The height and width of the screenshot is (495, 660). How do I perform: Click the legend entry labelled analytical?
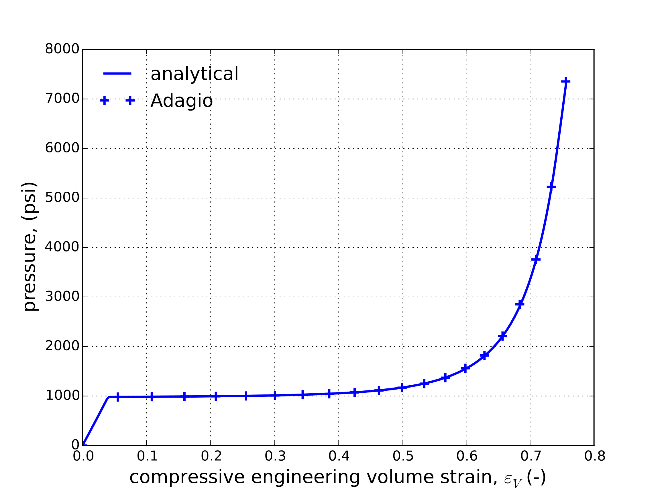pos(194,74)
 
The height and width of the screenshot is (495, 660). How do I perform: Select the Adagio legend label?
pos(181,101)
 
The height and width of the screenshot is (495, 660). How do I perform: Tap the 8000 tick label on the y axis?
pos(62,49)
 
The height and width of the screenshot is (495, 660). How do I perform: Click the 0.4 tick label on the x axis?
pos(339,457)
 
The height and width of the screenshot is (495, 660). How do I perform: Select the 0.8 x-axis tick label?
pos(595,457)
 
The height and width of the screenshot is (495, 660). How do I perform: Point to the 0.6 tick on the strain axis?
pos(467,457)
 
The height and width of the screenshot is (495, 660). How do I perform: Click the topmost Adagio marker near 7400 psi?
pos(566,81)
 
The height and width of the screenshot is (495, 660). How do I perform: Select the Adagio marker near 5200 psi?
pos(551,187)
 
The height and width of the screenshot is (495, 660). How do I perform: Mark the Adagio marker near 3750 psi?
pos(536,260)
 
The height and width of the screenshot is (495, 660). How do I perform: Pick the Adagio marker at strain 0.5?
pos(402,388)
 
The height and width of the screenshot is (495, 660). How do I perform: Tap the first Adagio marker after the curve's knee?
pos(118,397)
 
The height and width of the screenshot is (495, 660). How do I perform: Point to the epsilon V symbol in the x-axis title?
pos(512,479)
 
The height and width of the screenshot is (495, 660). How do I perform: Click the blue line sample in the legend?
pos(117,73)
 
